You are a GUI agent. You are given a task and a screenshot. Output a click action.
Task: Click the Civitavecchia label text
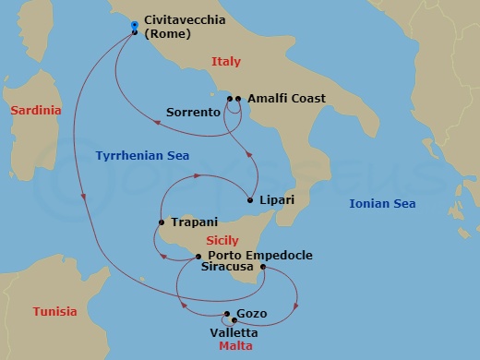(x=185, y=20)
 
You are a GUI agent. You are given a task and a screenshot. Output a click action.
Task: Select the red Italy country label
(x=226, y=62)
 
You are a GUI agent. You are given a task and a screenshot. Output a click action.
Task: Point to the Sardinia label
(x=36, y=111)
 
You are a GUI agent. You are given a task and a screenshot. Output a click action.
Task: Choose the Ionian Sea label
(x=381, y=203)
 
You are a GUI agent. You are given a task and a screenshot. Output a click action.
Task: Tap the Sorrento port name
(x=193, y=113)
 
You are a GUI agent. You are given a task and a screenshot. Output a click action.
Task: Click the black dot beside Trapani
(x=162, y=222)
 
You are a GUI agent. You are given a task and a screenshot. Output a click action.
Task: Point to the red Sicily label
(x=223, y=240)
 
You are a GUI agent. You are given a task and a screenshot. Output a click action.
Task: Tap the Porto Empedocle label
(x=260, y=256)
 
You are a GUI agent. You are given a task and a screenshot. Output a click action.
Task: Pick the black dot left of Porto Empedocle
(x=197, y=256)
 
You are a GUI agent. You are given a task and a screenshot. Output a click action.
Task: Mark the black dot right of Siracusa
(x=264, y=269)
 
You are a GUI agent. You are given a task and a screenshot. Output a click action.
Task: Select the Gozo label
(x=252, y=314)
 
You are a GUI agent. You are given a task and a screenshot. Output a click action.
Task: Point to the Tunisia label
(x=55, y=311)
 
